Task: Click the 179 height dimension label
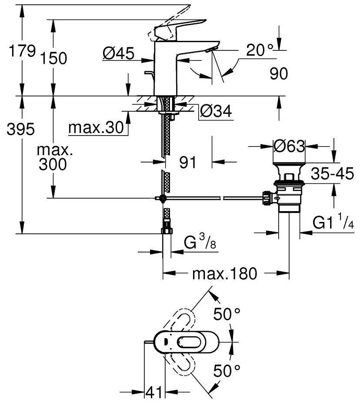(x=22, y=51)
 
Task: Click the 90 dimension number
(x=278, y=74)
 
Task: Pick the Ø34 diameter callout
(x=215, y=112)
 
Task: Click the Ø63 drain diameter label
(x=289, y=147)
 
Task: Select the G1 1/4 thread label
(x=332, y=223)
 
